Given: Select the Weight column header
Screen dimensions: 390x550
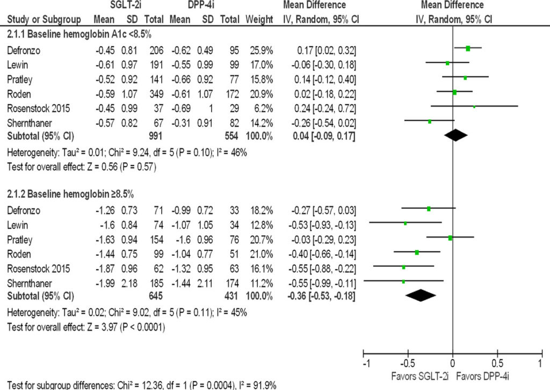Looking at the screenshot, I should coord(259,20).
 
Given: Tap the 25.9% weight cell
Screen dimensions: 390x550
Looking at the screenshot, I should coord(262,50).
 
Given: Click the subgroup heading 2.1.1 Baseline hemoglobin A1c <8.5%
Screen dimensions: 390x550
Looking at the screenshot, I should coord(71,35).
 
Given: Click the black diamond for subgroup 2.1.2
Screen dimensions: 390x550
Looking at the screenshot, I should coord(421,295).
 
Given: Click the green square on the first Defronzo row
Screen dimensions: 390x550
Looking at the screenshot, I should coord(468,48).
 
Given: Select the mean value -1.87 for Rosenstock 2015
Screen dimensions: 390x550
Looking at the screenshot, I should coord(104,266).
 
